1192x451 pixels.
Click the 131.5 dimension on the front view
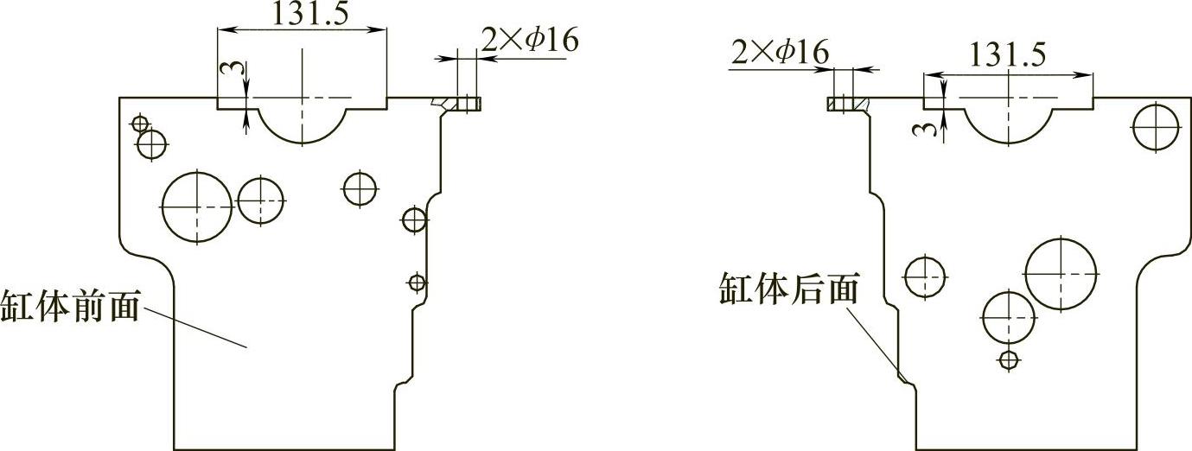pyautogui.click(x=305, y=14)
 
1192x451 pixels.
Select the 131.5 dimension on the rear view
pyautogui.click(x=1006, y=54)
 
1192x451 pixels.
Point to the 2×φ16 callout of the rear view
pyautogui.click(x=780, y=53)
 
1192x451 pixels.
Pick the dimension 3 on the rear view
pyautogui.click(x=929, y=130)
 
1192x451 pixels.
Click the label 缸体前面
pyautogui.click(x=70, y=307)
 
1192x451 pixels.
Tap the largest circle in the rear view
pyautogui.click(x=1061, y=271)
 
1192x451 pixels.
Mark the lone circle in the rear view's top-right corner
pyautogui.click(x=1156, y=126)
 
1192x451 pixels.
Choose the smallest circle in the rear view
pyautogui.click(x=1008, y=359)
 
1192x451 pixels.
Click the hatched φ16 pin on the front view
pyautogui.click(x=468, y=104)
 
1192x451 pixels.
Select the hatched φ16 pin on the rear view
pyautogui.click(x=840, y=104)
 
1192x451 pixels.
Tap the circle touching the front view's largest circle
pyautogui.click(x=260, y=200)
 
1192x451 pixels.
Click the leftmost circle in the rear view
pyautogui.click(x=925, y=276)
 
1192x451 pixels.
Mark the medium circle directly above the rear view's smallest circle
pyautogui.click(x=1008, y=317)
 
